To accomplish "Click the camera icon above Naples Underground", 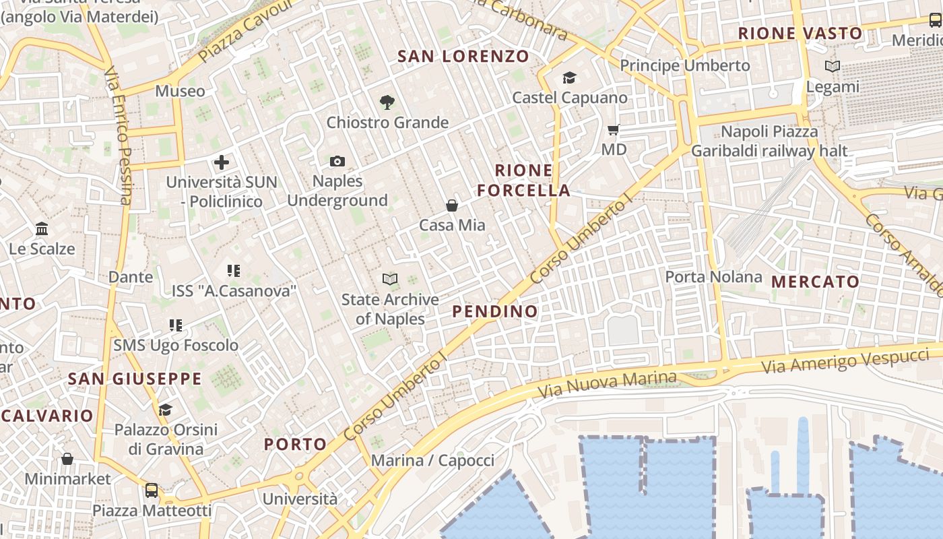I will click(x=337, y=162).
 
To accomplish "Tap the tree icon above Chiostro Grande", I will click(x=387, y=102).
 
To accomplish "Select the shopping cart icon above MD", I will click(x=613, y=129).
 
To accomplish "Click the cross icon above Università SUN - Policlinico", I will click(x=222, y=162).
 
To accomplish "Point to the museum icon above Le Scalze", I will click(x=42, y=229).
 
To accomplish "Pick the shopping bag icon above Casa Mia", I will click(x=452, y=205).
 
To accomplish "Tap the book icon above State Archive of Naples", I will click(x=389, y=279).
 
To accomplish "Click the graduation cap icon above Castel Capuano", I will click(x=569, y=78).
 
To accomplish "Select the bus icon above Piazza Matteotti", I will click(x=152, y=490).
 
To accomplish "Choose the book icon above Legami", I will click(x=833, y=67).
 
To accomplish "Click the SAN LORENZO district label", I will click(x=463, y=57).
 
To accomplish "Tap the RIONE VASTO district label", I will click(x=800, y=33).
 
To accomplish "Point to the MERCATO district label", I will click(x=816, y=282).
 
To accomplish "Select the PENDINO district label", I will click(x=495, y=311).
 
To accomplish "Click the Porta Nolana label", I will click(x=714, y=277).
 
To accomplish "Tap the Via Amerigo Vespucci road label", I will click(x=845, y=360).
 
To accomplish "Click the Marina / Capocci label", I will click(x=433, y=461).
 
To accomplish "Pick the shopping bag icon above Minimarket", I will click(x=67, y=459).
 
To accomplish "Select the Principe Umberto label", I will click(x=685, y=65).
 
